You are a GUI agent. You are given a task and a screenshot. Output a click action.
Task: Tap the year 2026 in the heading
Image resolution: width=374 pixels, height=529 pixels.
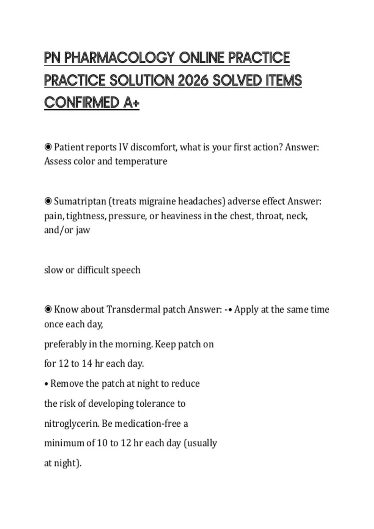coord(193,80)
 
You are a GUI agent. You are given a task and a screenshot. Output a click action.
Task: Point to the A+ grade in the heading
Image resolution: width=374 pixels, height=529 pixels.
coord(131,103)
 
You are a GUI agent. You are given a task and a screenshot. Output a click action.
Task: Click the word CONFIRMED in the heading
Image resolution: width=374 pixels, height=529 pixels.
coord(82,103)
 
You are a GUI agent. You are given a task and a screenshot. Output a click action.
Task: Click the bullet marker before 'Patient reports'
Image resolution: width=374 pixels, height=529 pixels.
coord(48,147)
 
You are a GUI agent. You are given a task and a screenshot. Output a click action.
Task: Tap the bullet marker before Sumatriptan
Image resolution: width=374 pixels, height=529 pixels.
coord(48,201)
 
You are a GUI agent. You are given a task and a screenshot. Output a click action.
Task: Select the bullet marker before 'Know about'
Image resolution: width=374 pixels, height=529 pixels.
coord(48,309)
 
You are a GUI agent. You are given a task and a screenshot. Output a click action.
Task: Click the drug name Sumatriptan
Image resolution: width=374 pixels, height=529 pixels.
coord(80,201)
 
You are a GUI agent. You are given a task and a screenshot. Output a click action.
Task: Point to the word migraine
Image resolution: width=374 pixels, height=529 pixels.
coord(157,201)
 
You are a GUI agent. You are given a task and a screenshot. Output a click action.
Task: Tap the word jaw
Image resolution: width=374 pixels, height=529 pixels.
coord(83,230)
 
